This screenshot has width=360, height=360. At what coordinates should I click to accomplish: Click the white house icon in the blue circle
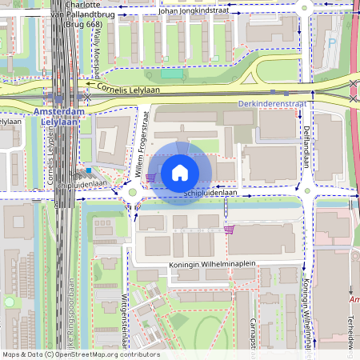[x=180, y=172]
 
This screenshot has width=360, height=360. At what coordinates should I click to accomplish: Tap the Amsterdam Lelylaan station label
[x=58, y=118]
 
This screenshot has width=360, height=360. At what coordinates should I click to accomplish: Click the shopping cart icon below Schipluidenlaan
[x=230, y=230]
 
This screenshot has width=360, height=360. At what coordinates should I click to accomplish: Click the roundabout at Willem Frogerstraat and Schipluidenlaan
[x=132, y=192]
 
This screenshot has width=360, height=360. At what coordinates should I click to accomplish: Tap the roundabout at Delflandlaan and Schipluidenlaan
[x=306, y=191]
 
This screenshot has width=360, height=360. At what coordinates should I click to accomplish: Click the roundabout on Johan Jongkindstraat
[x=303, y=9]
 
